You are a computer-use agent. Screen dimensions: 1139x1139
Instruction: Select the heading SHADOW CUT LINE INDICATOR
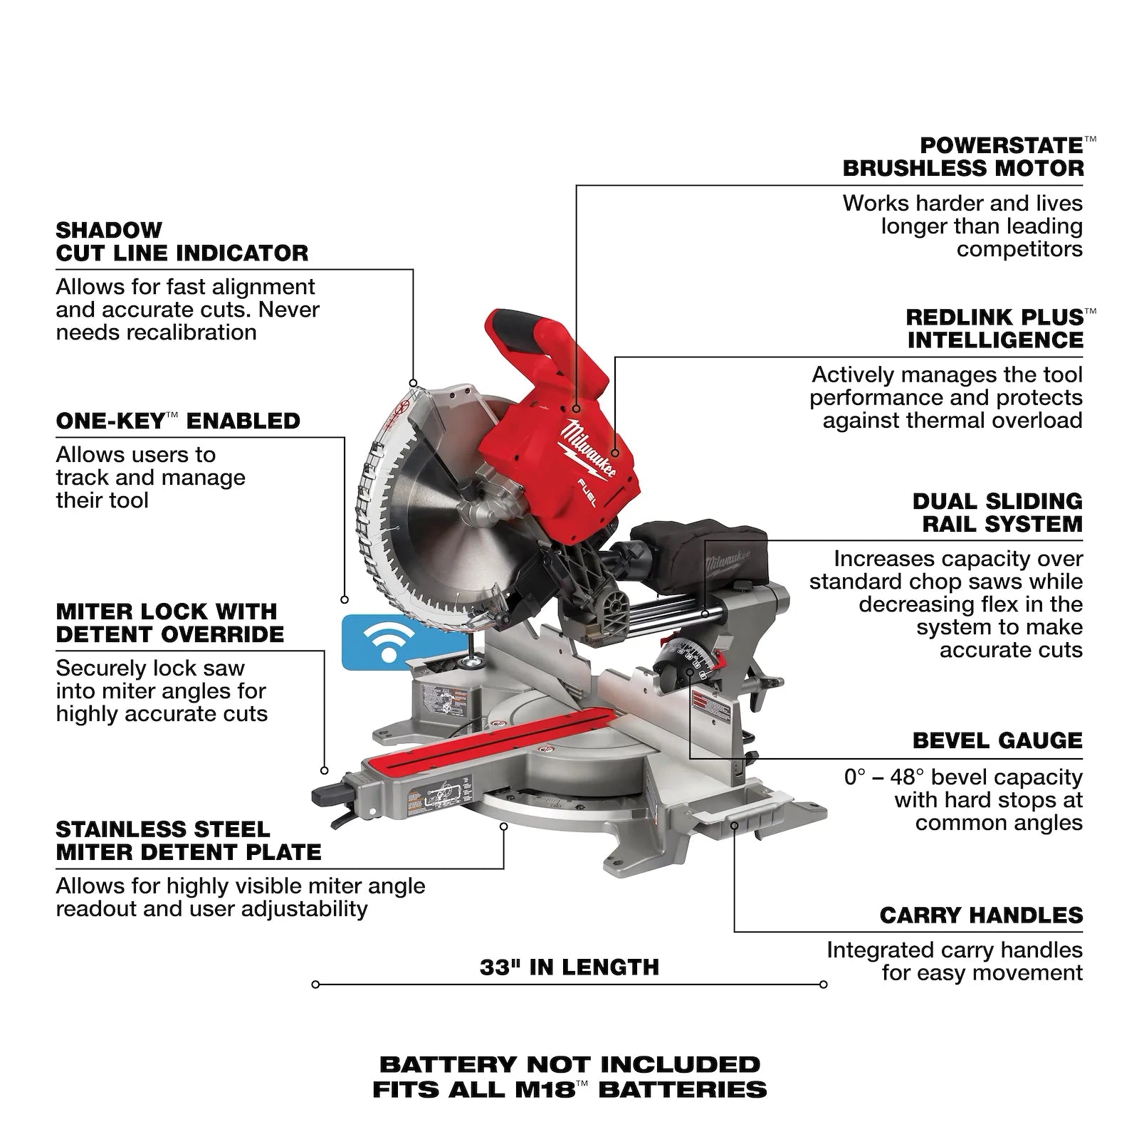click(182, 241)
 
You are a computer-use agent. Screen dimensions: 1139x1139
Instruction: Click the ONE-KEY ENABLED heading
click(178, 421)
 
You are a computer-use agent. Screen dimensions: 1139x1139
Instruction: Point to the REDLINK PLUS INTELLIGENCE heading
click(994, 328)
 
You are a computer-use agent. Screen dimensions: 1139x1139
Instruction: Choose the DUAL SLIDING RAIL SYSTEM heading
click(997, 513)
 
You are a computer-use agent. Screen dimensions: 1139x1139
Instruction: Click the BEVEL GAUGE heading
click(997, 740)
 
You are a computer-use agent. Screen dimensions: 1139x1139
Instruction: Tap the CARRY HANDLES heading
click(980, 915)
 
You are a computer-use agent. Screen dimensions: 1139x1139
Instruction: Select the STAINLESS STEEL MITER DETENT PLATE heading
click(189, 841)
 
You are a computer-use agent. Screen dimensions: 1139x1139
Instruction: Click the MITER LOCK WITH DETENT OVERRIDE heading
click(169, 623)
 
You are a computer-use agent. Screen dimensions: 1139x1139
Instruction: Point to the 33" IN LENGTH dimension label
click(569, 967)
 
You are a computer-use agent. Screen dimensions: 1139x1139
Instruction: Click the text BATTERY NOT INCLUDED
click(569, 1064)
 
